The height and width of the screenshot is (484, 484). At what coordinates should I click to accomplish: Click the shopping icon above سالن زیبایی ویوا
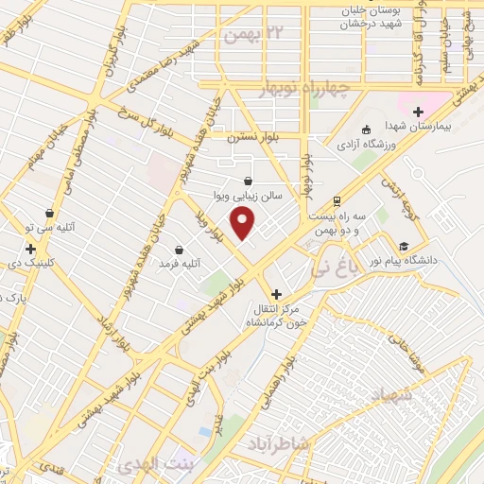[248, 181]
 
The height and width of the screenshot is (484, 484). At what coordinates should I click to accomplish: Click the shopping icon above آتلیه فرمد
[179, 250]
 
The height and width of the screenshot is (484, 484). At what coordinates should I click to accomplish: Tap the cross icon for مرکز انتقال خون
[276, 294]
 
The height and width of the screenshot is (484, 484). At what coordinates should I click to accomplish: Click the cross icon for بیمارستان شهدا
[418, 112]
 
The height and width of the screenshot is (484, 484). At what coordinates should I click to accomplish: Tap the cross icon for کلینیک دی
[30, 249]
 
